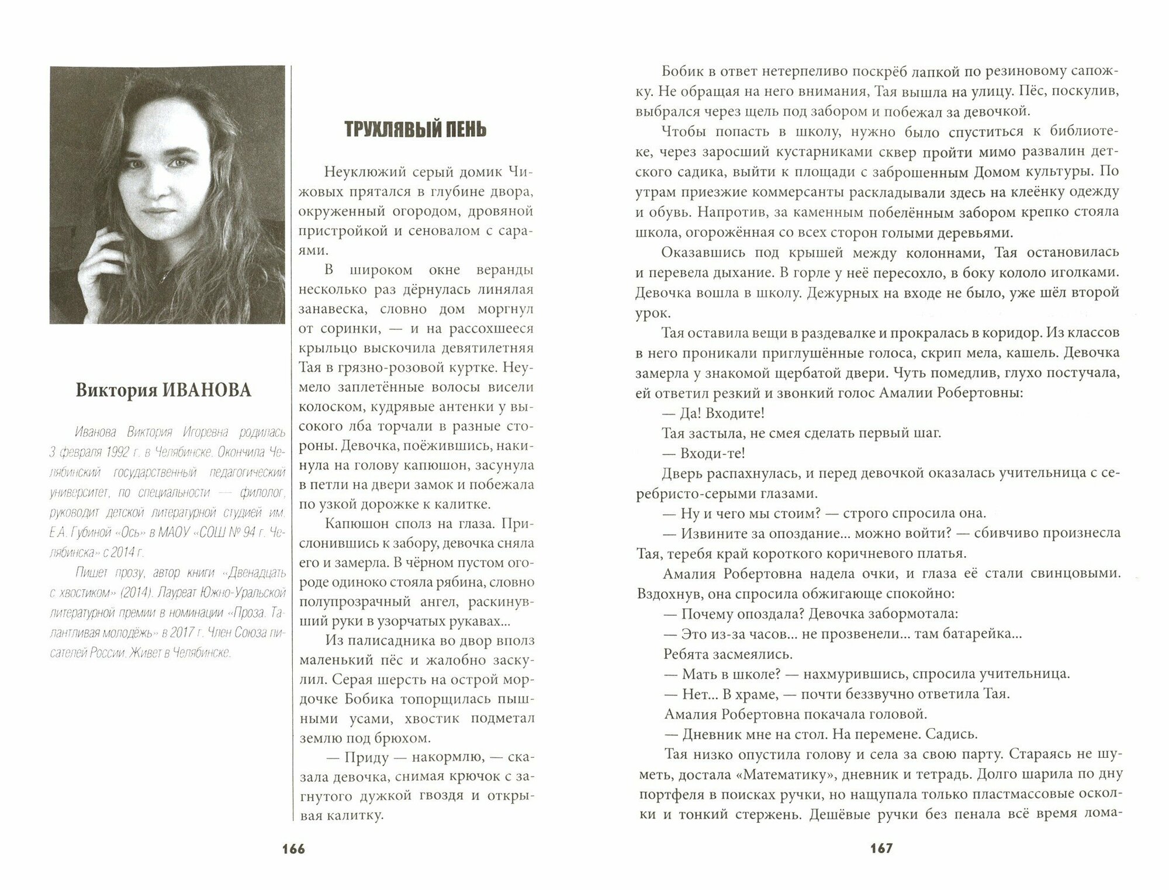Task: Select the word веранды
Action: click(503, 270)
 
